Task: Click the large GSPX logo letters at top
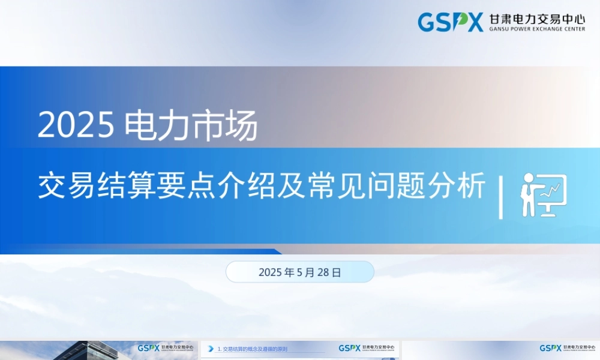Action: click(450, 23)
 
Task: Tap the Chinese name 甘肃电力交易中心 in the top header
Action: click(537, 19)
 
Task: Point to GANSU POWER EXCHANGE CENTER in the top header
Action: click(537, 29)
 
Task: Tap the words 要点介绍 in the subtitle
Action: click(205, 187)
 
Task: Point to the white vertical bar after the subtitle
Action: click(501, 197)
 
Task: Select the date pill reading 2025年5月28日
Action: click(299, 272)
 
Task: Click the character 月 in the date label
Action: click(310, 272)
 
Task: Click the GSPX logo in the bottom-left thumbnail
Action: click(148, 348)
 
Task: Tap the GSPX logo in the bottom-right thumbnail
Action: click(550, 348)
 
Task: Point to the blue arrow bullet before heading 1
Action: click(211, 349)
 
